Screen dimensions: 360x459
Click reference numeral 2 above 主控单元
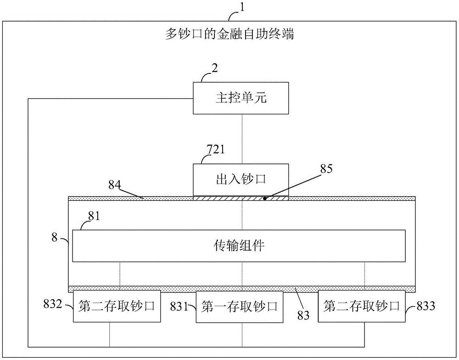(x=215, y=67)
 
